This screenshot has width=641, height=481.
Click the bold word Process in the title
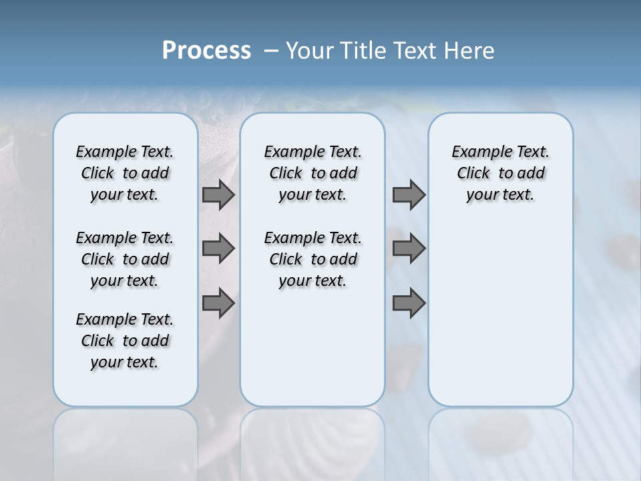[206, 51]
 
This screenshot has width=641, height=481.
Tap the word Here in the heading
[470, 51]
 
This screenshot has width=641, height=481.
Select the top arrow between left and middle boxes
[218, 195]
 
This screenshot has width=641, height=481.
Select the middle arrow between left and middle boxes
[218, 249]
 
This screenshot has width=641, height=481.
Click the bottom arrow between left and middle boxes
[218, 303]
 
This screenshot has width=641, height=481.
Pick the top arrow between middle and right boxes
[409, 195]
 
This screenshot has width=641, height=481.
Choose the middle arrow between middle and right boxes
[409, 249]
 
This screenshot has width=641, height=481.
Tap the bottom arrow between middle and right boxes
[409, 303]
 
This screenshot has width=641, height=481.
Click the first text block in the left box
[125, 173]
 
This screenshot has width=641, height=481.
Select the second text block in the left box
[125, 259]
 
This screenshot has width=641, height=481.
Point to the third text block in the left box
[125, 341]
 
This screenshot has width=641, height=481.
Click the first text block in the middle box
[312, 173]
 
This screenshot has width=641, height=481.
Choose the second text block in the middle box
[312, 259]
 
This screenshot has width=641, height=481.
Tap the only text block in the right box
[500, 173]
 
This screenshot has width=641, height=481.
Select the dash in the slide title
[270, 51]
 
